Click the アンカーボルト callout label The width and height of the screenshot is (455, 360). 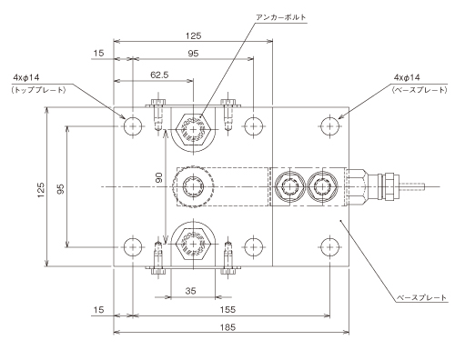click(x=281, y=17)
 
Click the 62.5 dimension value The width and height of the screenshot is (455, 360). click(x=159, y=75)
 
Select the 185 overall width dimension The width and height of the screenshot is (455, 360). click(x=227, y=327)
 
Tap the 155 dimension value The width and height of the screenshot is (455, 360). click(x=227, y=309)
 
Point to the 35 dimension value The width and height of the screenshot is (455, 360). click(x=190, y=291)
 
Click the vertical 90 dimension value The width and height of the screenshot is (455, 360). click(x=159, y=177)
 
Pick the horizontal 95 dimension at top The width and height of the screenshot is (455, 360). click(x=193, y=54)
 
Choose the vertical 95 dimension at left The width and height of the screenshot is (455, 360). click(x=61, y=189)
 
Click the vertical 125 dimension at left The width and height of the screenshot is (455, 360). click(x=41, y=190)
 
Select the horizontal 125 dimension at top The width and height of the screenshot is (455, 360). click(x=193, y=36)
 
